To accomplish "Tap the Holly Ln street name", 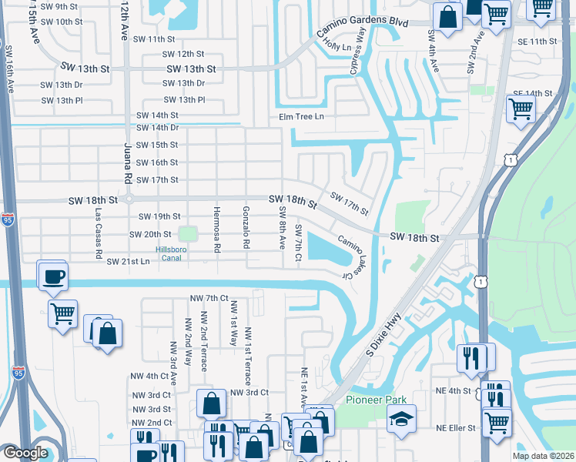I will click(x=338, y=47).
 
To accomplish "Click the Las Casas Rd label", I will click(x=98, y=232).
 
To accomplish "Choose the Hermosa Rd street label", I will click(x=217, y=229).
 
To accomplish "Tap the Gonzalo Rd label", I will click(x=246, y=228).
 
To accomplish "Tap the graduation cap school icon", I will click(x=401, y=420).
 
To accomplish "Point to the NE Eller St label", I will click(x=457, y=428).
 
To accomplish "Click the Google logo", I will click(x=25, y=453).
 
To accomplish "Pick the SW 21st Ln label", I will click(x=128, y=262).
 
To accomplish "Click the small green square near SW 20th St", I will click(x=188, y=233).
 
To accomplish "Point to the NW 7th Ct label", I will click(x=209, y=298).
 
